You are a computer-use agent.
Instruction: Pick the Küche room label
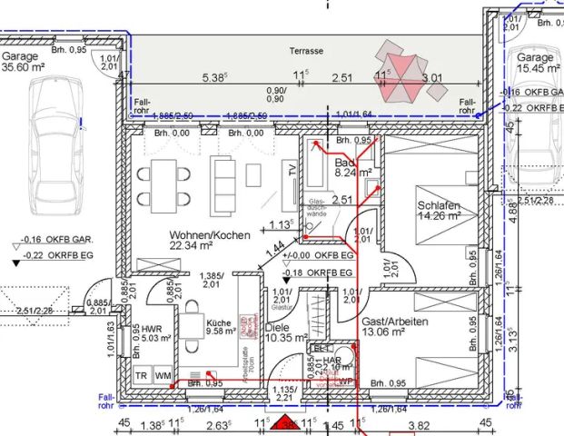[218, 322]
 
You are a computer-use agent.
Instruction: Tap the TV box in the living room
[291, 170]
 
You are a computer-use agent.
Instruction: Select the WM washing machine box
[163, 375]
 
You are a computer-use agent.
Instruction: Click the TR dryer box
[142, 375]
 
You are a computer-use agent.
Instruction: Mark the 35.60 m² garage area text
[24, 67]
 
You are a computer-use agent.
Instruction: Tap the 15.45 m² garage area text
[537, 68]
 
